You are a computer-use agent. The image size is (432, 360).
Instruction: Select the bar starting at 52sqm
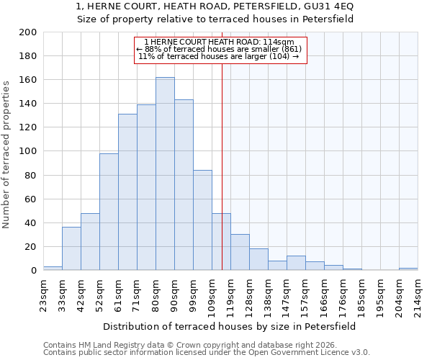click(109, 212)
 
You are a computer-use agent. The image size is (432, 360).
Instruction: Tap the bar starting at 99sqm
click(202, 220)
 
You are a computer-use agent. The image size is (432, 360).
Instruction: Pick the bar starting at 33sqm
click(71, 248)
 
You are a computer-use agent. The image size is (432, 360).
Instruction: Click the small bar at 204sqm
click(408, 269)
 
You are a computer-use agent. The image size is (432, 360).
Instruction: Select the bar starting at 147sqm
click(296, 263)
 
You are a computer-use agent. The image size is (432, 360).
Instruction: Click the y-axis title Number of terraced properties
click(6, 154)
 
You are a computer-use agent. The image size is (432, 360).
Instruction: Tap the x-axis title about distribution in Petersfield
click(230, 326)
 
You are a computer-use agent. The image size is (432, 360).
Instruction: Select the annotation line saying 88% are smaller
click(220, 49)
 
